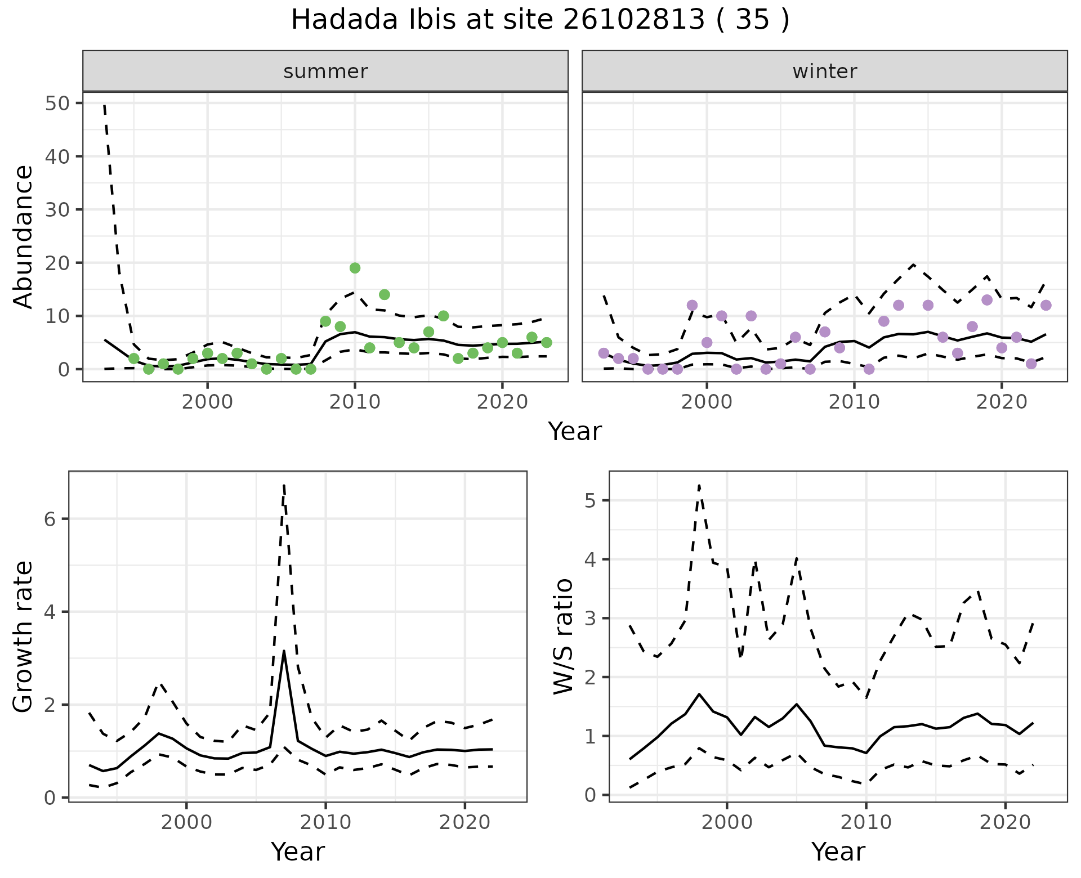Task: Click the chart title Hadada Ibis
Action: [x=539, y=20]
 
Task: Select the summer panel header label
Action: [x=325, y=71]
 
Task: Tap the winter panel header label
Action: [x=824, y=71]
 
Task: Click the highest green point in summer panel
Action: [x=355, y=268]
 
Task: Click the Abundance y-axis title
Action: [x=24, y=236]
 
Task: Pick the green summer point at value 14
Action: [x=385, y=294]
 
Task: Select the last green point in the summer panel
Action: [x=546, y=343]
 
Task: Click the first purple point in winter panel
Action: [x=604, y=353]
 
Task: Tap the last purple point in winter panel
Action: [x=1046, y=305]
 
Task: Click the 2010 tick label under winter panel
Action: [x=854, y=402]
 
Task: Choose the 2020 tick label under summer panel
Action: [x=502, y=402]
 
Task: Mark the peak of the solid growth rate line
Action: [x=284, y=651]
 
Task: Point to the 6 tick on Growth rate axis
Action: [x=50, y=519]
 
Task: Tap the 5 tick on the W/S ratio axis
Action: [x=591, y=500]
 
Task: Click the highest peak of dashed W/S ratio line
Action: [x=699, y=485]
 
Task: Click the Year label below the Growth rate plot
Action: [x=297, y=852]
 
